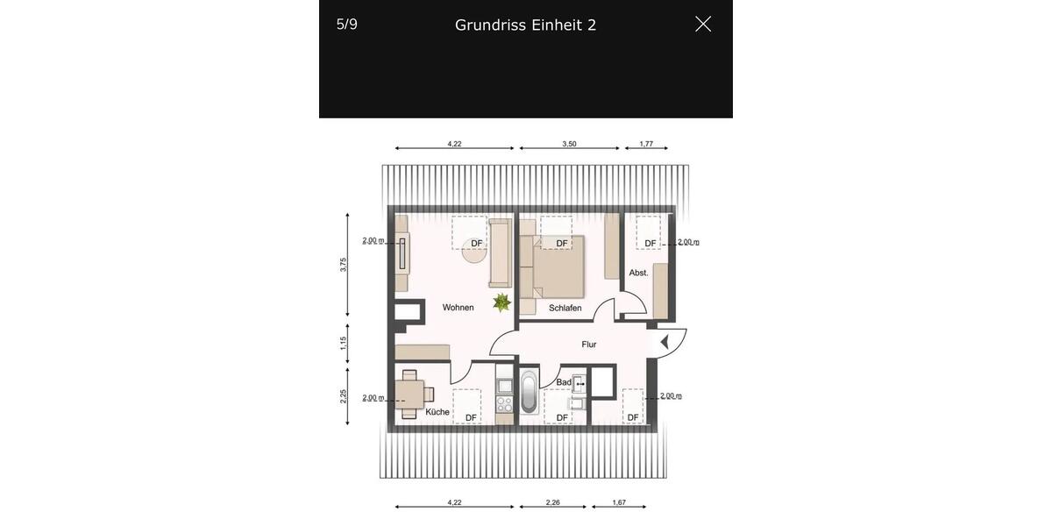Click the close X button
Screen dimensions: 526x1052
[x=703, y=25]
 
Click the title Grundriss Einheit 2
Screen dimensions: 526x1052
[x=525, y=25]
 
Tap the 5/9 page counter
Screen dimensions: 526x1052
[x=347, y=25]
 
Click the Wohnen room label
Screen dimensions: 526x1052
[x=458, y=308]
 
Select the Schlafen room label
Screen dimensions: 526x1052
[x=565, y=309]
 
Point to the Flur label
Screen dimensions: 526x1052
[x=589, y=345]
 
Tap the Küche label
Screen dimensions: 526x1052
[x=437, y=412]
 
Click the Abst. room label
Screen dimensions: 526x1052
[x=639, y=273]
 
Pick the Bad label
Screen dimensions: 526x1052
[x=564, y=382]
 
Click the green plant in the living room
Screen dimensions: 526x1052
[x=501, y=302]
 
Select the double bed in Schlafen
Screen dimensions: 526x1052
[x=558, y=267]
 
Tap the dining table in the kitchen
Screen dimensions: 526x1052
[x=410, y=394]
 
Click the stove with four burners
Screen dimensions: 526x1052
[x=504, y=405]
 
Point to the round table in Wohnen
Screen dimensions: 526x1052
[x=474, y=252]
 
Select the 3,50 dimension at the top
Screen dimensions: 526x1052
[x=569, y=144]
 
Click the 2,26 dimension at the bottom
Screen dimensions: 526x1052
[x=552, y=502]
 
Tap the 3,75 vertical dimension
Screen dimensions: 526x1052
[x=344, y=264]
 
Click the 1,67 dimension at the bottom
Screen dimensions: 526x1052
[x=619, y=502]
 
